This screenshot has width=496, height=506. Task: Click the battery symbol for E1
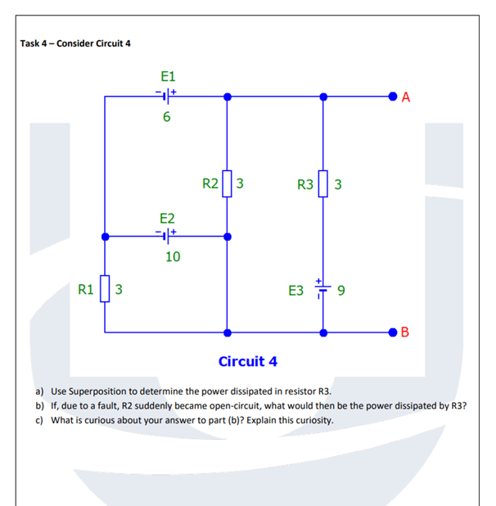pyautogui.click(x=167, y=97)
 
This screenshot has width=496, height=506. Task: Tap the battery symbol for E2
pyautogui.click(x=167, y=237)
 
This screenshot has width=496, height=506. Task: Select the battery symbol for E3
pyautogui.click(x=324, y=289)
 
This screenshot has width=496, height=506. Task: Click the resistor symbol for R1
pyautogui.click(x=105, y=289)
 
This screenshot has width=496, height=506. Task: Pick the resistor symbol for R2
pyautogui.click(x=228, y=183)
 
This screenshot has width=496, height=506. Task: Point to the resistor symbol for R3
pyautogui.click(x=324, y=183)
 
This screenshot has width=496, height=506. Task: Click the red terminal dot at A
pyautogui.click(x=394, y=97)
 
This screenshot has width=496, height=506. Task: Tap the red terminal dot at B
pyautogui.click(x=394, y=332)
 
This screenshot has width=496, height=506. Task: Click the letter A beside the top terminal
pyautogui.click(x=407, y=97)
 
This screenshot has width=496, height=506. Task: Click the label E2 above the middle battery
pyautogui.click(x=167, y=218)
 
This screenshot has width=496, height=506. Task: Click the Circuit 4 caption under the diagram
pyautogui.click(x=248, y=361)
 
